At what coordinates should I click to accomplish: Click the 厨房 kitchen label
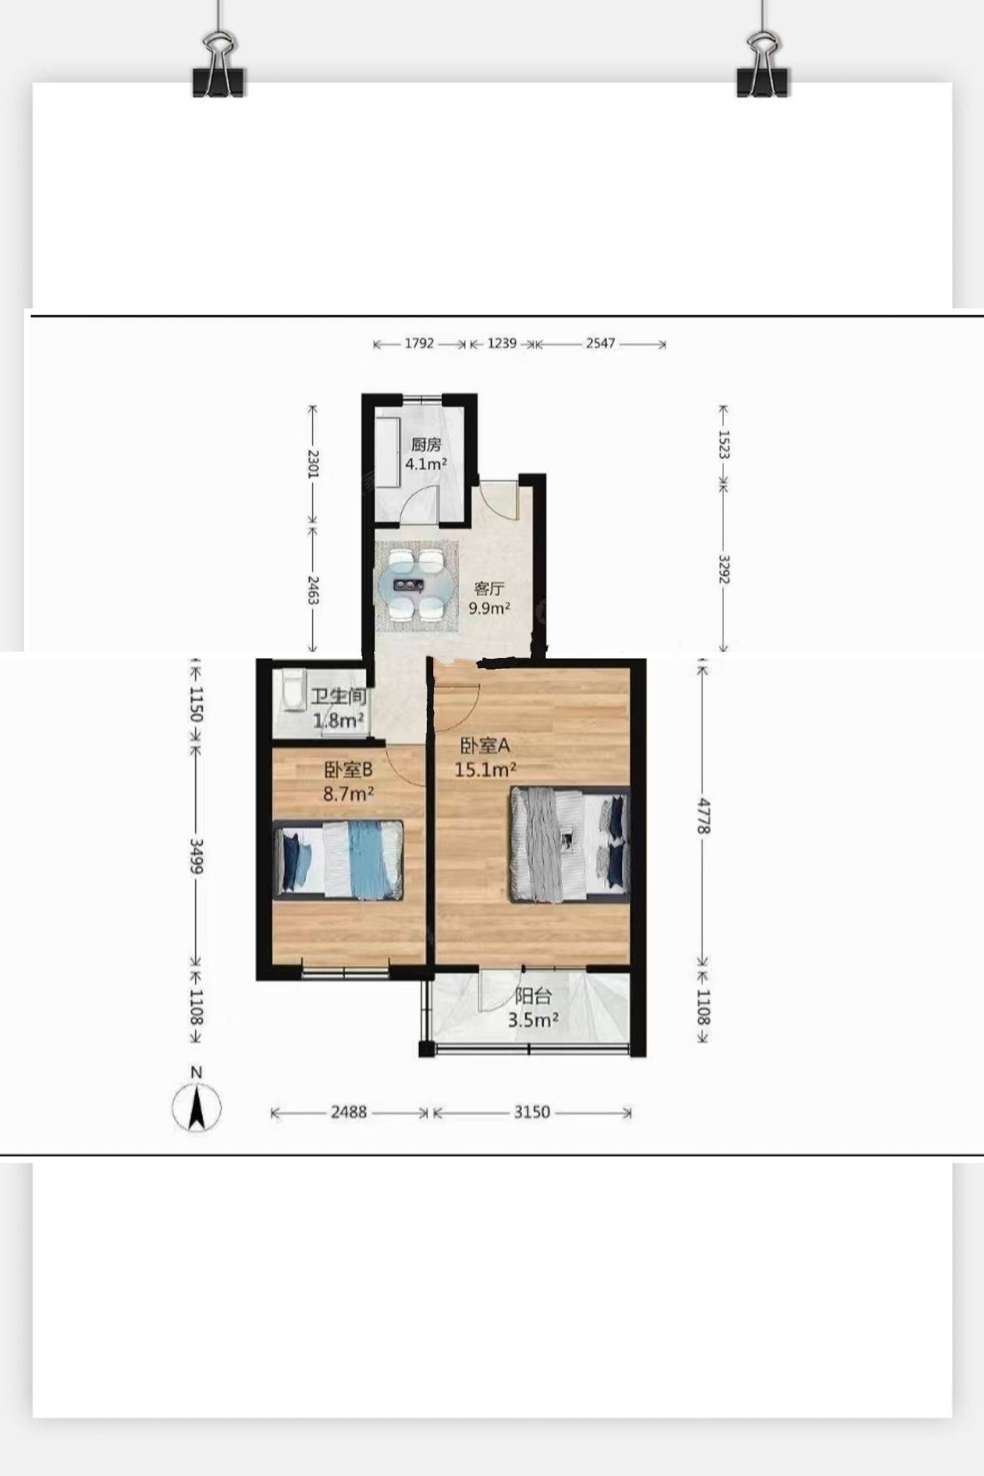coord(426,445)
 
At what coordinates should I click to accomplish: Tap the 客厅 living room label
coord(489,589)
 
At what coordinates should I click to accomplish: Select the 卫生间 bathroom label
coord(339,697)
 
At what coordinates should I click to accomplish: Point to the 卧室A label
coord(485,745)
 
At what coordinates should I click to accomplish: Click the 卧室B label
coord(348,770)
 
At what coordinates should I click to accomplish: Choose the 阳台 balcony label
coord(533,997)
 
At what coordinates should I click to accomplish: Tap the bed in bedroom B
coord(338,861)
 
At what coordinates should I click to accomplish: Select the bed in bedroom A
coord(569,845)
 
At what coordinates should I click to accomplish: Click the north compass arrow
coord(196,1107)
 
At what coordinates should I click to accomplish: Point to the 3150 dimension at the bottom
coord(532,1113)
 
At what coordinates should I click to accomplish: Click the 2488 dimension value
coord(349,1113)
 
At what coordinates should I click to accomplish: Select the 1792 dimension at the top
coord(419,344)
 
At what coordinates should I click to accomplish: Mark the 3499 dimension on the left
coord(195,856)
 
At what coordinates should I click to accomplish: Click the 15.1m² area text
coord(485,770)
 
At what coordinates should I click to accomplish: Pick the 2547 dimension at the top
coord(600,344)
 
